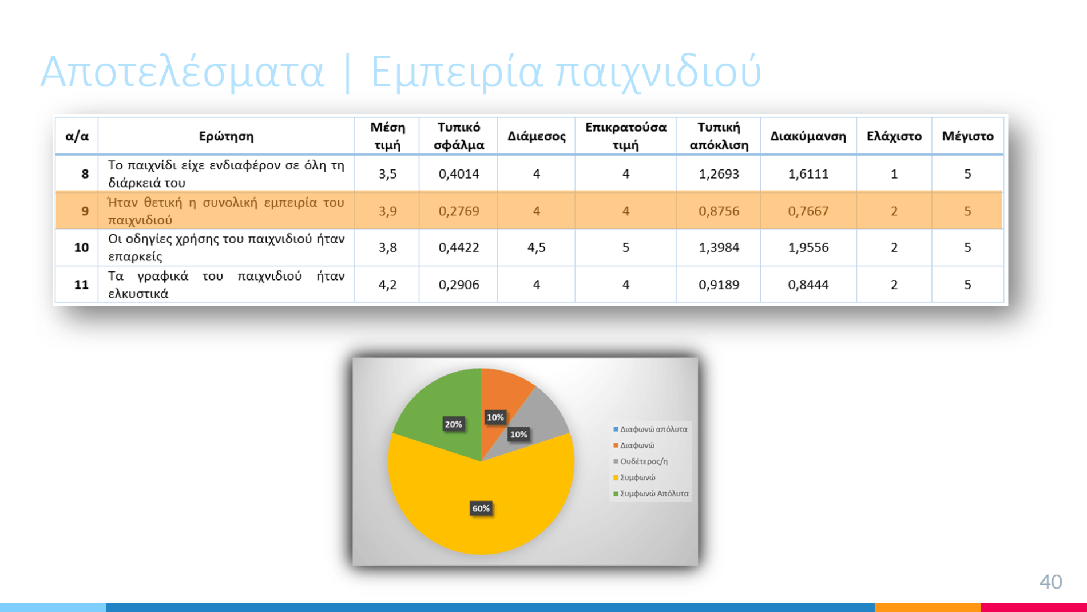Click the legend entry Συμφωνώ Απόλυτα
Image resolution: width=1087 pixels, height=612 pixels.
tap(650, 493)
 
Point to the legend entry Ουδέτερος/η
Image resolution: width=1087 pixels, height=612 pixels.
tap(640, 461)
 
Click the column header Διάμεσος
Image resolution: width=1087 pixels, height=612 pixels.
tap(536, 136)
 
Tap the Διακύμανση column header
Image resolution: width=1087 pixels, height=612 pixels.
tap(808, 136)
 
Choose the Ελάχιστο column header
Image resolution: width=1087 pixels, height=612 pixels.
tap(894, 136)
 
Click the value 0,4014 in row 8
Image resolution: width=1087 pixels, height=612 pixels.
tap(458, 174)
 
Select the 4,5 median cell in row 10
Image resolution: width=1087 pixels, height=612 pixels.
tap(536, 247)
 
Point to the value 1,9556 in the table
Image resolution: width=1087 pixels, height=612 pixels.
tap(808, 247)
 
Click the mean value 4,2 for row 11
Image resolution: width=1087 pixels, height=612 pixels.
tap(387, 285)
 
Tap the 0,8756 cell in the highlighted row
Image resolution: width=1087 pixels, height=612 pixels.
tap(719, 211)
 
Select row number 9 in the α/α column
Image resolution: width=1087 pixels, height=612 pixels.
tap(85, 211)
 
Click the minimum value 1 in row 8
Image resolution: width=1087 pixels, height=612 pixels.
tap(894, 174)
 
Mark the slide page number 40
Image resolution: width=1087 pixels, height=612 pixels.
tap(1050, 582)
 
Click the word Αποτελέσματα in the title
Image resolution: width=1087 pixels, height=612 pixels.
tap(183, 72)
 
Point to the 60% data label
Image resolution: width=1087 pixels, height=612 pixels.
tap(481, 508)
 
